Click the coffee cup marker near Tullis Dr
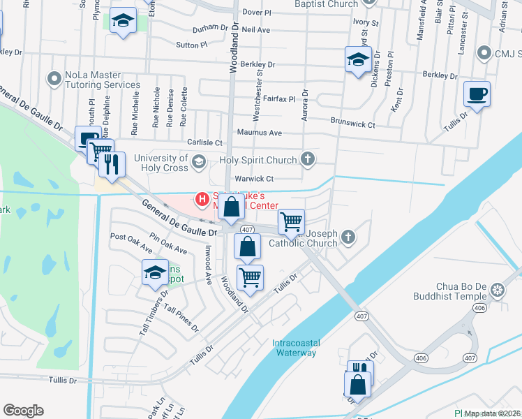tap(477, 95)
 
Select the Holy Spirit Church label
tap(258, 161)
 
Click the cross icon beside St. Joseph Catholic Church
tap(349, 239)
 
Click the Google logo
tap(23, 410)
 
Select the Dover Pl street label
tap(257, 13)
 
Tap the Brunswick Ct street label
tap(353, 125)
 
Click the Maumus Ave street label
tap(260, 133)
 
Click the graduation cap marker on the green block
tap(123, 22)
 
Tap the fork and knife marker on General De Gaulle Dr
tap(112, 165)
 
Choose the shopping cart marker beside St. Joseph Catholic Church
tap(291, 223)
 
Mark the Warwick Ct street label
tap(254, 179)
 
